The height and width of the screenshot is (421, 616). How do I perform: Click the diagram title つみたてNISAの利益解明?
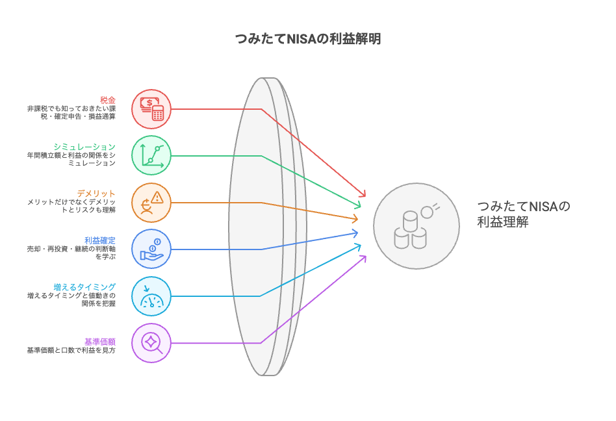coord(307,38)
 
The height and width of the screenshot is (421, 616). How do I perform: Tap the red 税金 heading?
coord(107,99)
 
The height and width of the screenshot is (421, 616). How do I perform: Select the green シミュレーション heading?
coord(84,147)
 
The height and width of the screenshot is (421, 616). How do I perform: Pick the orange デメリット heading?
coord(96,194)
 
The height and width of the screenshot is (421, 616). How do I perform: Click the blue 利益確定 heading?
coord(100,240)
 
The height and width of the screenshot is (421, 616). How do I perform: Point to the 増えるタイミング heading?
coord(84,287)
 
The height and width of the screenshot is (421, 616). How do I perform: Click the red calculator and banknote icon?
coord(151,108)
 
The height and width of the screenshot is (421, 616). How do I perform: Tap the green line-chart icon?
coord(151,155)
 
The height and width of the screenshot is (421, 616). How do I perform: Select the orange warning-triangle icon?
coord(151,202)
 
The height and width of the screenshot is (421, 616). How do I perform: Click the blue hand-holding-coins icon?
coord(151,249)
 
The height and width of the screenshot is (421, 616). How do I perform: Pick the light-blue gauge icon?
coord(151,296)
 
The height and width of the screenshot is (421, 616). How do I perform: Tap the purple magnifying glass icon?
coord(151,342)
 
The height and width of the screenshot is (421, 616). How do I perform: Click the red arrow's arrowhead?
coord(363,194)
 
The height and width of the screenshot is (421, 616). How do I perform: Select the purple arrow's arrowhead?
coord(363,258)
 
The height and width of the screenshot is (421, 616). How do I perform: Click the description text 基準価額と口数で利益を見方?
coord(71,350)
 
